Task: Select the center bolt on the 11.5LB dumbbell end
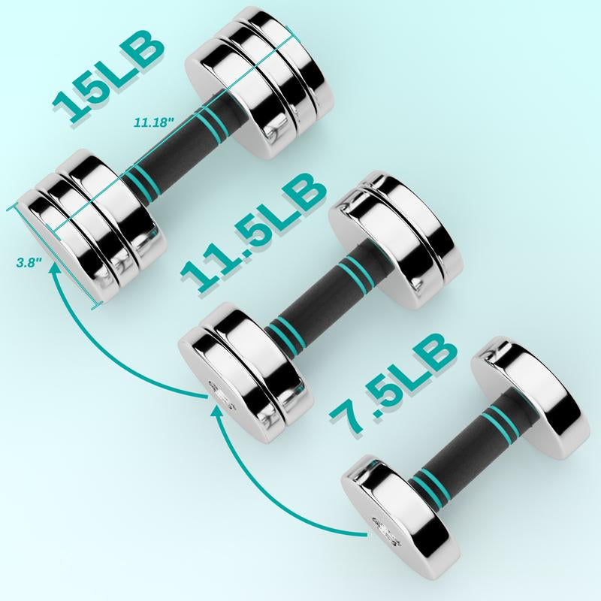(x=216, y=391)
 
